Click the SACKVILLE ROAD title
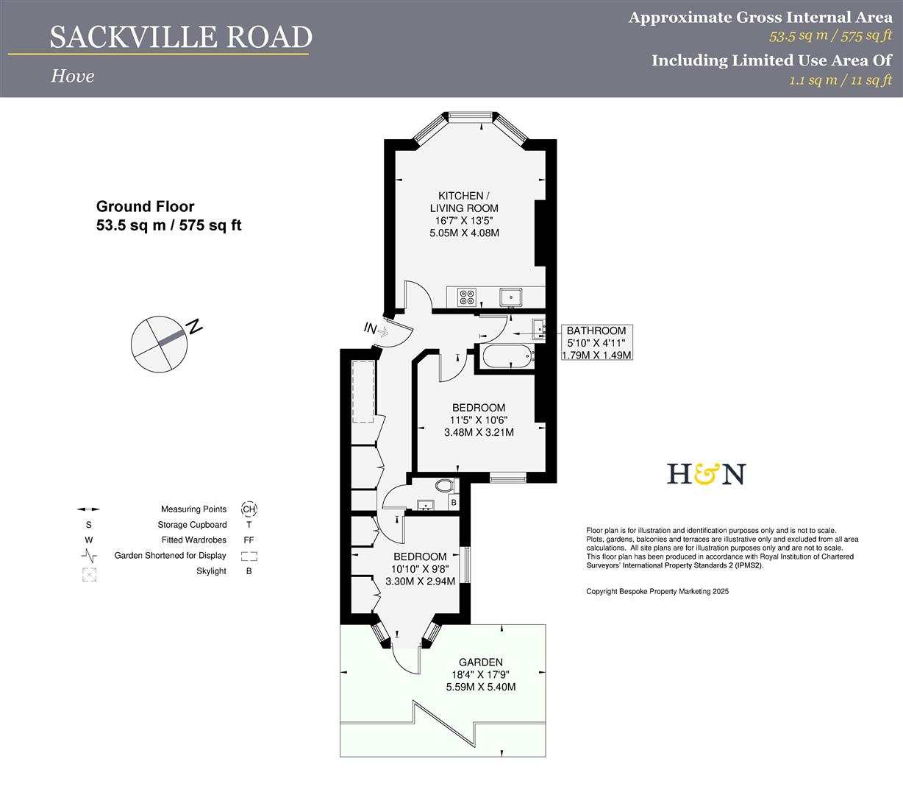click(181, 37)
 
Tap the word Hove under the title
click(72, 76)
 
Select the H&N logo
click(706, 474)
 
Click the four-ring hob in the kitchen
click(467, 297)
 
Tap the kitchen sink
click(511, 297)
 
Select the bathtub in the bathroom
click(506, 358)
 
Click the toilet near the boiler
click(445, 486)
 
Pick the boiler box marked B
click(454, 503)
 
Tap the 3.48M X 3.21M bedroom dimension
click(479, 433)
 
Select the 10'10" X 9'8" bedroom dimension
click(420, 569)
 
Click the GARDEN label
click(481, 662)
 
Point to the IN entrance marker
click(371, 328)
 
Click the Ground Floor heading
click(146, 207)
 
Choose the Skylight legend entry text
click(211, 571)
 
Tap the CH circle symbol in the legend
click(249, 509)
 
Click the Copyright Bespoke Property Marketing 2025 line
click(657, 591)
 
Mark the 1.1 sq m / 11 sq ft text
click(840, 80)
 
